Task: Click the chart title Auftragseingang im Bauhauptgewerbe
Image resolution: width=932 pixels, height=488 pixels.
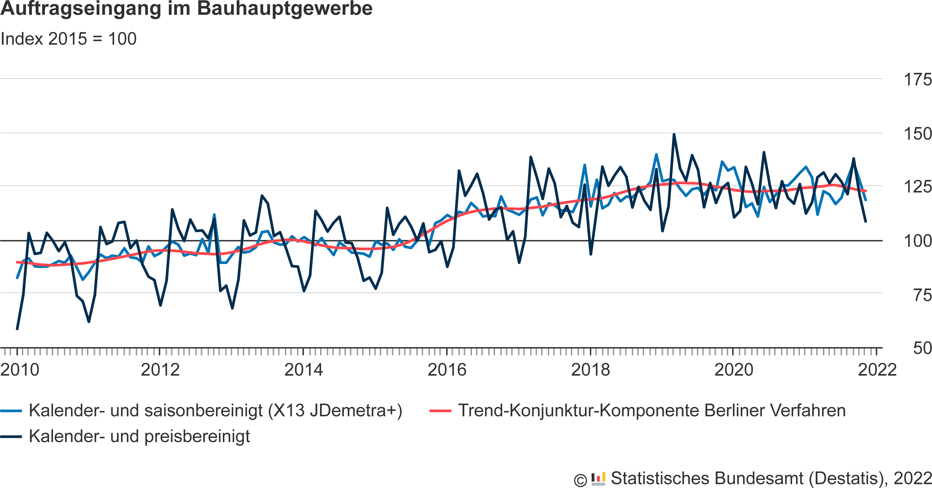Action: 186,9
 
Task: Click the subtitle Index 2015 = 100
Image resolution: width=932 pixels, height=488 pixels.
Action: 68,39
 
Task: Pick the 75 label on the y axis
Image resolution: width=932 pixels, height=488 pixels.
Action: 923,295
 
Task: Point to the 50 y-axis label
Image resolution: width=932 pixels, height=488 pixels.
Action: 923,348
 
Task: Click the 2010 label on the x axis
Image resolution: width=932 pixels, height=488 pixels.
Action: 20,370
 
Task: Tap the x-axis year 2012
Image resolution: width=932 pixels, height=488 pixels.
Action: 160,370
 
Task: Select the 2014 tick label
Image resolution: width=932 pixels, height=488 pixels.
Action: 304,370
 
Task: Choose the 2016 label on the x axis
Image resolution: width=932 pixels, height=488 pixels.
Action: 447,370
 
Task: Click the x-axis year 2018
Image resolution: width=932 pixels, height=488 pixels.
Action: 590,370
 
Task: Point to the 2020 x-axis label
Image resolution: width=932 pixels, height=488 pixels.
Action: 734,370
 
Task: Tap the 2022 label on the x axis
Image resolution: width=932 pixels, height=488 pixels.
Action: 877,370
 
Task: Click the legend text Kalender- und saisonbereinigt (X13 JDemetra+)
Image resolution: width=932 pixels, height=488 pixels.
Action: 216,411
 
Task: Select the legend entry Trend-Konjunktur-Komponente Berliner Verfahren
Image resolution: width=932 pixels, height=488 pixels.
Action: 652,411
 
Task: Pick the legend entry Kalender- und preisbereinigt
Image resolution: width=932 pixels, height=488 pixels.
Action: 139,437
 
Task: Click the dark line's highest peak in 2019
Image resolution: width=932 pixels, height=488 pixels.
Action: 674,135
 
